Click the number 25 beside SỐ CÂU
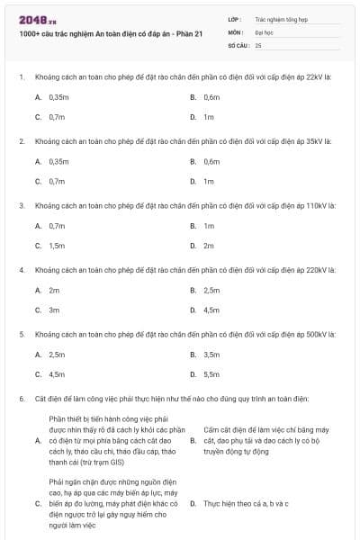point(258,44)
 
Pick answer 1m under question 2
point(208,181)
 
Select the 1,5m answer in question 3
point(57,246)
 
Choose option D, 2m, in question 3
point(208,246)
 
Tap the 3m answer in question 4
point(54,310)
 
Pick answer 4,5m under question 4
point(211,310)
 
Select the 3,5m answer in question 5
point(211,355)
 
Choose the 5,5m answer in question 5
point(211,374)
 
